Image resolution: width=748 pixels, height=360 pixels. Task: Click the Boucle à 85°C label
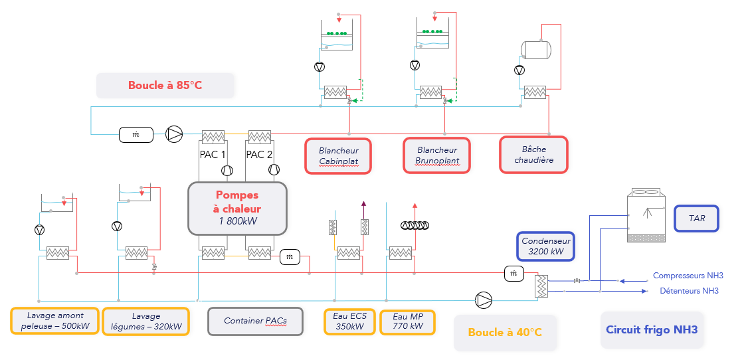165,86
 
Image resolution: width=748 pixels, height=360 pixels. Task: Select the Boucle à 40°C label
505,332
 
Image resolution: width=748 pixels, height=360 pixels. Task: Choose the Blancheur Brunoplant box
437,156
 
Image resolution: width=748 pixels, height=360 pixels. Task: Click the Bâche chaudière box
534,155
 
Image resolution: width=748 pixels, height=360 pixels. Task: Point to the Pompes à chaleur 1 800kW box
237,208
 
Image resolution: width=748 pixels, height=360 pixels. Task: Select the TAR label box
697,218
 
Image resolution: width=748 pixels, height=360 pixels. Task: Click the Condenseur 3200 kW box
546,246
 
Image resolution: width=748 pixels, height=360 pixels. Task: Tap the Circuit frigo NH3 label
652,329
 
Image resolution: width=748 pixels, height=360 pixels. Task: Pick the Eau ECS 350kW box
350,321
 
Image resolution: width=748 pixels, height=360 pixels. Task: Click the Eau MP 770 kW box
407,321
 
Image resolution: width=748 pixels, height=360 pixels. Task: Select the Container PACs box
255,321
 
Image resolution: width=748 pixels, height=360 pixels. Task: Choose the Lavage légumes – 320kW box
146,321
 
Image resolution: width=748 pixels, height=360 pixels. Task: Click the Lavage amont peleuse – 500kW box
54,321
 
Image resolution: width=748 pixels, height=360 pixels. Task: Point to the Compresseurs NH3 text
688,276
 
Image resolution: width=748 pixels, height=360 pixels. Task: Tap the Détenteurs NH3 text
689,291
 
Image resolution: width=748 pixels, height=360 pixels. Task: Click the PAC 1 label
213,155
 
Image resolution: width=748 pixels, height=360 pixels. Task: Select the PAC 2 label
260,155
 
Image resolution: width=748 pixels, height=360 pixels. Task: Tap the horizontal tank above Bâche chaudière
535,48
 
